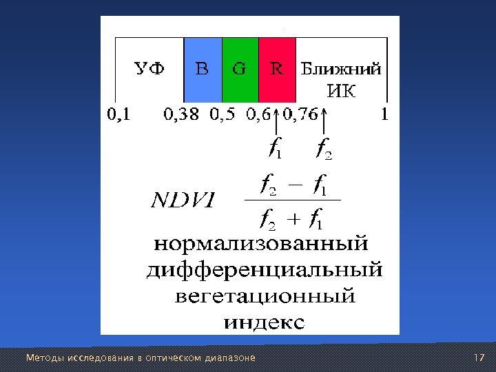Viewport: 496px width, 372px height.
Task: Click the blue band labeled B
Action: point(203,68)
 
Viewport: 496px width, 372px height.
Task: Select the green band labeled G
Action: point(240,68)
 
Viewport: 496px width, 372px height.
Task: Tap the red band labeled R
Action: point(277,68)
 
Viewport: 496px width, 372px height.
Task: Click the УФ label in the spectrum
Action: point(149,69)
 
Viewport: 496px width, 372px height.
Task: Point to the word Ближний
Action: point(342,69)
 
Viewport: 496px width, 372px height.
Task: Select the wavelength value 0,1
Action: point(117,115)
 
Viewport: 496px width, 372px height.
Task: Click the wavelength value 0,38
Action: point(180,115)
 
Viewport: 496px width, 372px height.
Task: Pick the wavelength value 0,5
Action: point(223,115)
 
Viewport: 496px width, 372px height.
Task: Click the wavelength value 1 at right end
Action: point(385,115)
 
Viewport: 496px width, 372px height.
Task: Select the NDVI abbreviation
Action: point(183,201)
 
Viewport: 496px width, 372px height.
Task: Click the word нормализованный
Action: point(260,245)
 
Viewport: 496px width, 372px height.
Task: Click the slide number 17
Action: point(480,358)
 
